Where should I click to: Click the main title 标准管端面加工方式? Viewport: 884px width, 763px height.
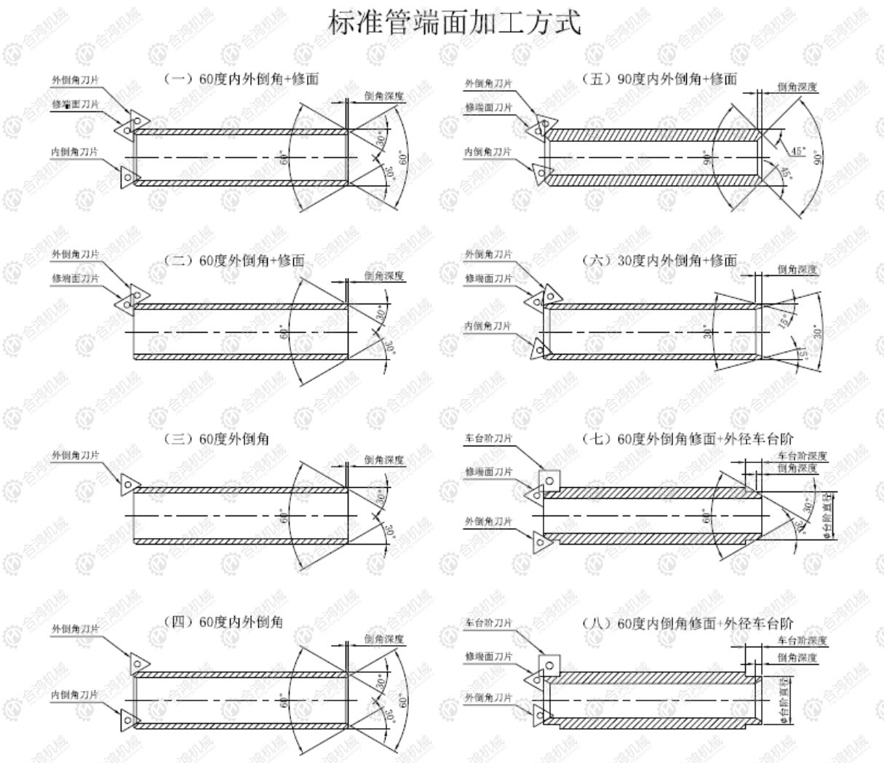(455, 23)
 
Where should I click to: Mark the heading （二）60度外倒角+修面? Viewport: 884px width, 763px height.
(232, 260)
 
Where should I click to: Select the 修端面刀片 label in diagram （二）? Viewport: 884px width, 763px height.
(75, 278)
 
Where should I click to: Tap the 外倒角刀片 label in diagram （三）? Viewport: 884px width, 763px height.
(75, 455)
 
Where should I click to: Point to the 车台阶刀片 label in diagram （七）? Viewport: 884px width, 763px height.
(489, 438)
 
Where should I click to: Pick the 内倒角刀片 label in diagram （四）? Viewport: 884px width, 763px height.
(75, 695)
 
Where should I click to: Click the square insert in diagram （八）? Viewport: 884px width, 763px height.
(548, 665)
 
